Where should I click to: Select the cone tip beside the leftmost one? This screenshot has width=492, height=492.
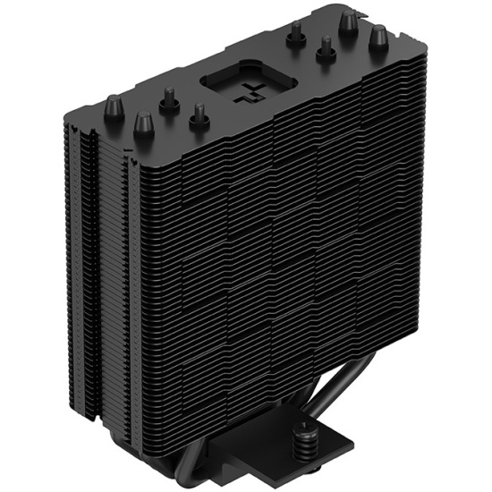pos(142,122)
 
